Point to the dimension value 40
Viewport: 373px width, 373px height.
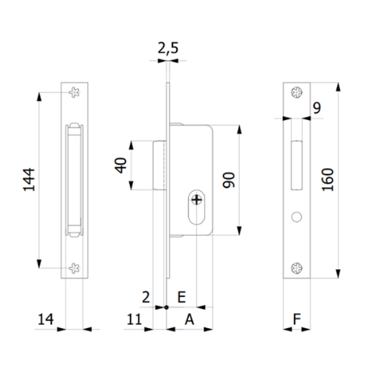click(121, 165)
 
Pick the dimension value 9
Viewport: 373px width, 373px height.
click(316, 109)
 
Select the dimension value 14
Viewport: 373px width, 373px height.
click(45, 319)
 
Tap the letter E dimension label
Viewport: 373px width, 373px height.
click(181, 298)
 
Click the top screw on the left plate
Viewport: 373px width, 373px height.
click(75, 93)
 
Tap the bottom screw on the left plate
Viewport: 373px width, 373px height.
click(75, 268)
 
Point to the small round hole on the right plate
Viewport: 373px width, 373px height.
click(296, 216)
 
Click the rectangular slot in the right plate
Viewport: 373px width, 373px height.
click(296, 164)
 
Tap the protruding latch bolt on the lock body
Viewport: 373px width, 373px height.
click(159, 165)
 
